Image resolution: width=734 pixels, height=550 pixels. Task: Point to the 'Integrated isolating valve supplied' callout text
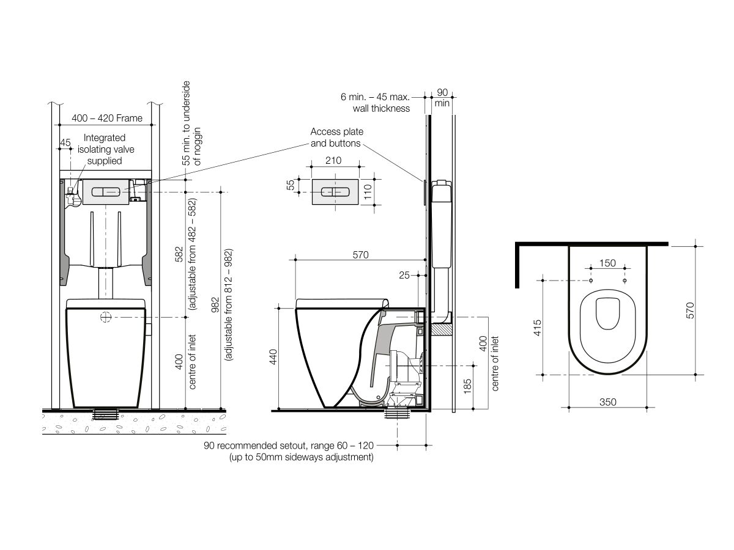click(x=105, y=149)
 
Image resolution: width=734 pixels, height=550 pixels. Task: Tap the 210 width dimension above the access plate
click(x=333, y=161)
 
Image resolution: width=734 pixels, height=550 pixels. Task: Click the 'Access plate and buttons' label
click(x=337, y=137)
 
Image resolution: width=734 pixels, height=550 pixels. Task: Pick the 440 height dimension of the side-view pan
click(x=273, y=358)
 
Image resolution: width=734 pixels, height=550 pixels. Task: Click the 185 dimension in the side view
click(x=467, y=386)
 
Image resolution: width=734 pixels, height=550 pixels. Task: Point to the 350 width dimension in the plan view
click(x=607, y=402)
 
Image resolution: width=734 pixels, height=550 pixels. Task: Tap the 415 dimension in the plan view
click(x=538, y=327)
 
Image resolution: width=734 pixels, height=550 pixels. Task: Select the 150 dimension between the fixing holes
click(x=607, y=263)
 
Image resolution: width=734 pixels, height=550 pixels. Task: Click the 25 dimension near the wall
click(x=405, y=276)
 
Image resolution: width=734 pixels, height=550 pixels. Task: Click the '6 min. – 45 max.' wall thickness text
click(x=375, y=97)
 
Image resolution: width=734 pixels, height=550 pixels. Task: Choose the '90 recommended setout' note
click(x=289, y=446)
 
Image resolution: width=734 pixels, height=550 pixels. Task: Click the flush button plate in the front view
click(x=106, y=191)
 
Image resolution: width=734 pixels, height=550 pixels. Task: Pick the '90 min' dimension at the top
click(x=442, y=98)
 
